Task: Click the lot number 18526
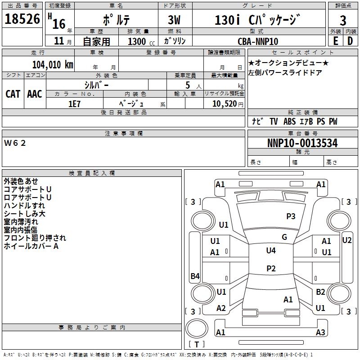[22, 19]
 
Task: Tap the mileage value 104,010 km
[53, 64]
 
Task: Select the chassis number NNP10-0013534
[302, 143]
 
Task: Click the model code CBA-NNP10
[258, 41]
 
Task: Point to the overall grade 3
[343, 21]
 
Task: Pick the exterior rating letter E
[336, 41]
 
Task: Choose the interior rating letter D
[350, 41]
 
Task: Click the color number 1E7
[74, 104]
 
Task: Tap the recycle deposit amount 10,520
[225, 103]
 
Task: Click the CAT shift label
[13, 94]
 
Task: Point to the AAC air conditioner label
[35, 94]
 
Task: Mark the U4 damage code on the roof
[271, 250]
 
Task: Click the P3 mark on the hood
[291, 216]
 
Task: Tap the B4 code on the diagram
[195, 276]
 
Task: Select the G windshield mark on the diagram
[284, 237]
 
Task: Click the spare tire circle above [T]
[197, 328]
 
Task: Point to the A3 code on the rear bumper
[320, 332]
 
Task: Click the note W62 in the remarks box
[15, 143]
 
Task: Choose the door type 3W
[174, 20]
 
